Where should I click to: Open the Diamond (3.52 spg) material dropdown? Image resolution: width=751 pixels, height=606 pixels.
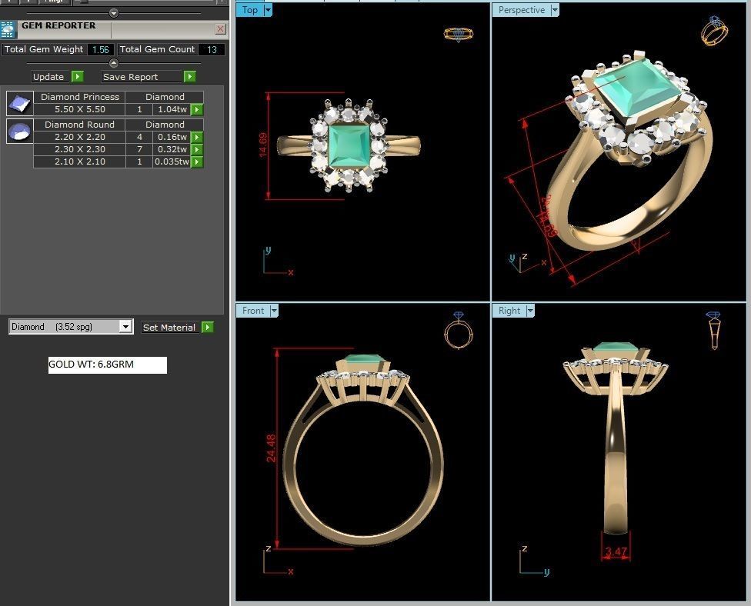click(x=125, y=327)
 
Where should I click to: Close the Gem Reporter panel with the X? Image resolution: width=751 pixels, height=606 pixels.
click(x=221, y=29)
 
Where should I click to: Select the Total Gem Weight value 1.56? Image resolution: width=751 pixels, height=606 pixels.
click(x=100, y=50)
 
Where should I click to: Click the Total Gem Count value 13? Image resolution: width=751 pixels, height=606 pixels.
click(x=211, y=50)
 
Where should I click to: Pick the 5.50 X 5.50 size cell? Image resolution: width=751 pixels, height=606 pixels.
click(x=79, y=110)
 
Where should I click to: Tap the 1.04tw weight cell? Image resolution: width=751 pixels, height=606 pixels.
click(x=172, y=110)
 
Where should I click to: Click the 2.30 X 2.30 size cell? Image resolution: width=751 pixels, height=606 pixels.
click(x=79, y=149)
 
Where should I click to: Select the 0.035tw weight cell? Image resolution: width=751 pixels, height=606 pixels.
click(x=171, y=162)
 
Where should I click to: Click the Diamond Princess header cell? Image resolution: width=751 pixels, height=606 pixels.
click(x=79, y=97)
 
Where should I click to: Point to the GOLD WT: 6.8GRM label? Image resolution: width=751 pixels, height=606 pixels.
click(x=107, y=365)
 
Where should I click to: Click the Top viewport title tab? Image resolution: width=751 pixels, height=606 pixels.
click(x=249, y=10)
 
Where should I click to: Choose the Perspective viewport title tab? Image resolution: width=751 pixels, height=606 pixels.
click(x=521, y=10)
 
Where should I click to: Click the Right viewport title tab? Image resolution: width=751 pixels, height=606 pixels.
click(x=509, y=311)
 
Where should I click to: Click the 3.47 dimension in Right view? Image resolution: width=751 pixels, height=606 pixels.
click(x=616, y=552)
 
